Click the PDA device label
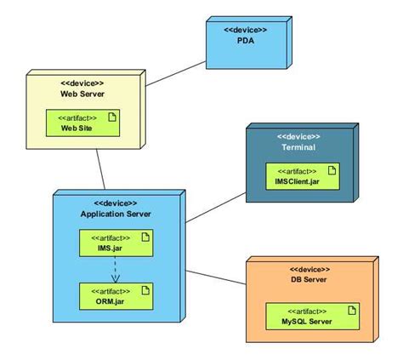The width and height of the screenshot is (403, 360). point(245,41)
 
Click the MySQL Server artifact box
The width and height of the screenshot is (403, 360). point(306,317)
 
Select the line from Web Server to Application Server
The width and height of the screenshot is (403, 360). point(101,170)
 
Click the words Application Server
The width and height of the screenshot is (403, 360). point(116,214)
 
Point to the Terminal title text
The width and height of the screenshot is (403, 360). point(298,147)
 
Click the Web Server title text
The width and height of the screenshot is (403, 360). point(82,94)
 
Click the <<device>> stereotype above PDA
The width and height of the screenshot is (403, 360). point(245,30)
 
